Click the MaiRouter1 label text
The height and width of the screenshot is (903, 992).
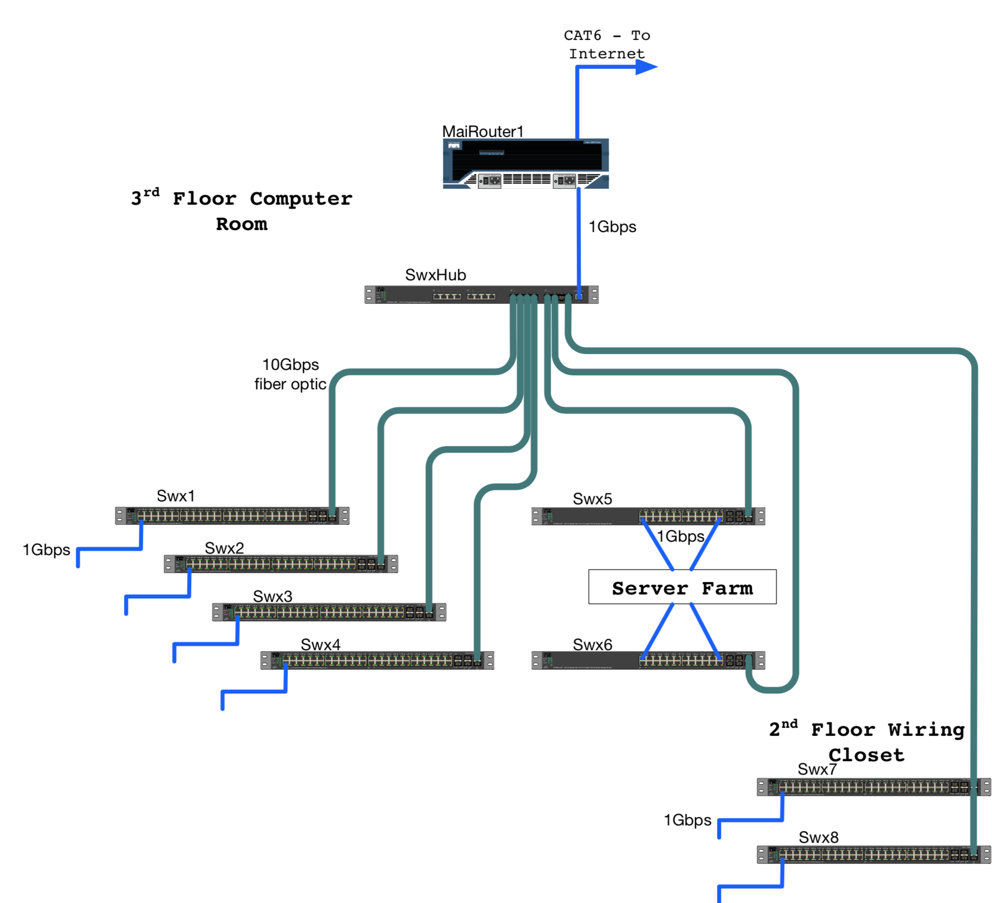coord(482,131)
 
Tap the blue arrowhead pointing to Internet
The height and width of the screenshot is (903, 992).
coord(645,67)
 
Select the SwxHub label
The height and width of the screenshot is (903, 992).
coord(435,275)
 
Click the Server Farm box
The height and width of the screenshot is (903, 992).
coord(682,587)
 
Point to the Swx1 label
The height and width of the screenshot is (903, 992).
coord(176,496)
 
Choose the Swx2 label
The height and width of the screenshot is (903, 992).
coord(224,548)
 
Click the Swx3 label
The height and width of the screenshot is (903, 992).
coord(272,596)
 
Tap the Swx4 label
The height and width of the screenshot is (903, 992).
coord(320,645)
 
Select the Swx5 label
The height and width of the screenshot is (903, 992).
coord(592,499)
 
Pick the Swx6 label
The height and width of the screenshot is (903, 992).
coord(592,645)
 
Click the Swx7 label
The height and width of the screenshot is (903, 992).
coord(817,769)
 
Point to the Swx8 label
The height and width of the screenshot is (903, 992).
coord(818,837)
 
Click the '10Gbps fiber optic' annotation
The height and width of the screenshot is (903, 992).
coord(290,374)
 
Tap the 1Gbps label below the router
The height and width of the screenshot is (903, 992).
coord(612,227)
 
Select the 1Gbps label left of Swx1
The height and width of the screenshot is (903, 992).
coord(46,550)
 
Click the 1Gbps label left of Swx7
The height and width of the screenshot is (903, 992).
coord(687,820)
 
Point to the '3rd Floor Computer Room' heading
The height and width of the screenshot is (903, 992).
coord(242,211)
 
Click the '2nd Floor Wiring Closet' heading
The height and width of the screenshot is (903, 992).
coord(866,742)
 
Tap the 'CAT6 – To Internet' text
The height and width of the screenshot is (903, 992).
coord(606,45)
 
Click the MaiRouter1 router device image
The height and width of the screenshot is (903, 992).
coord(525,164)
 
